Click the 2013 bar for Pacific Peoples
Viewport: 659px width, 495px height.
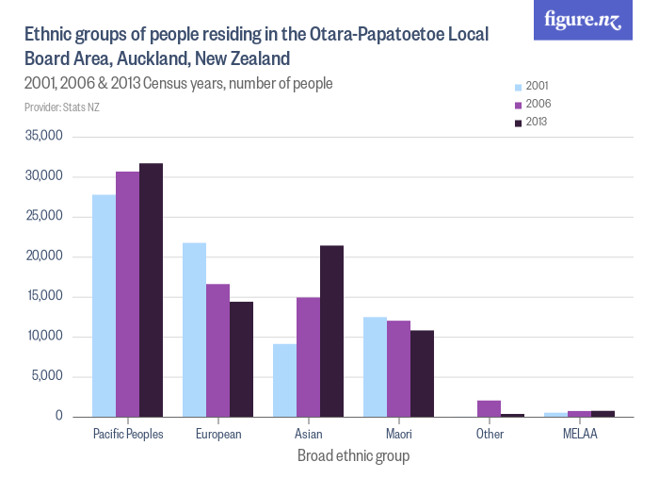point(151,289)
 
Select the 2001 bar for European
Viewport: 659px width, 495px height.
point(194,329)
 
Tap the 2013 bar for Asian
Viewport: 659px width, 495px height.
point(331,331)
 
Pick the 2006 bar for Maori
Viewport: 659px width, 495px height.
point(398,369)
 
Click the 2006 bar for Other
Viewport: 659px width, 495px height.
point(489,408)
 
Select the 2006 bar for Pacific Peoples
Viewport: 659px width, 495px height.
point(127,294)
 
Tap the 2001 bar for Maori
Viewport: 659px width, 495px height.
point(375,367)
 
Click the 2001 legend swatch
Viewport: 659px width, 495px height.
point(517,86)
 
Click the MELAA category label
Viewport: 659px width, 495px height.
point(580,435)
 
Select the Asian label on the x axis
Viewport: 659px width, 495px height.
point(308,435)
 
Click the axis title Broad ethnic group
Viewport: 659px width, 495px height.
point(353,455)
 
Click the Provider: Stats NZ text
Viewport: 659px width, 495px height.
point(62,107)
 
